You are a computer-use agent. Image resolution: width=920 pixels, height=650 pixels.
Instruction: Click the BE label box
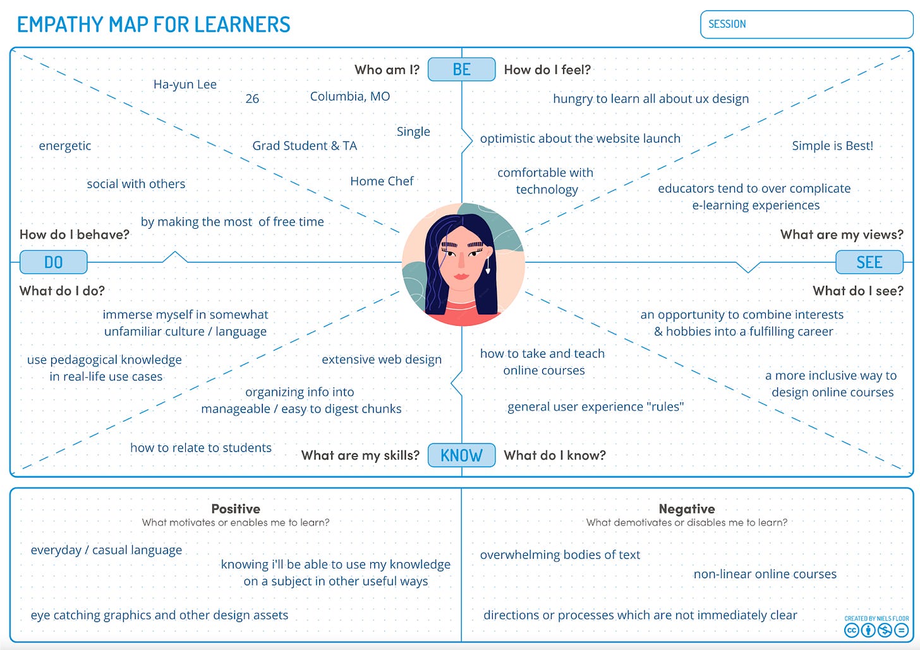tap(461, 69)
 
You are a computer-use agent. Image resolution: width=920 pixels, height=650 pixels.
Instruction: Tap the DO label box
tap(53, 262)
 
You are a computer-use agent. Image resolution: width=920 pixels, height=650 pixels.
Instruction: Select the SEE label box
tap(869, 262)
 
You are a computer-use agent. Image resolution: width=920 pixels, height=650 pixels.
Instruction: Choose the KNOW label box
tap(461, 455)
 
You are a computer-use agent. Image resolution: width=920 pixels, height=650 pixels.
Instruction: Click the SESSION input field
tap(806, 25)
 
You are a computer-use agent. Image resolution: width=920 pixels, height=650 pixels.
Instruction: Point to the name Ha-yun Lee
tap(185, 85)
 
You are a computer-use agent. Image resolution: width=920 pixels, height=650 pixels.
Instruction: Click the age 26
tap(252, 99)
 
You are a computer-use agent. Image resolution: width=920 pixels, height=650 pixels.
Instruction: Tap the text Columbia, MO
tap(349, 97)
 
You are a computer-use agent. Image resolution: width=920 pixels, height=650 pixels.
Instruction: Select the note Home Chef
tap(382, 181)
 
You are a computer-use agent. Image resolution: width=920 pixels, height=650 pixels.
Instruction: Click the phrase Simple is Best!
tap(832, 146)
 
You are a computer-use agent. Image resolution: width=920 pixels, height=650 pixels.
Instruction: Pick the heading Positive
tap(236, 509)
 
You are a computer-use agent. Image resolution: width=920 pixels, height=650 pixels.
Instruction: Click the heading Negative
tap(687, 509)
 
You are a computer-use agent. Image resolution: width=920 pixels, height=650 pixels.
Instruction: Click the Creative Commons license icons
tap(876, 630)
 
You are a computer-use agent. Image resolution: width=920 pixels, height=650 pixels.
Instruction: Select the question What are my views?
tap(842, 235)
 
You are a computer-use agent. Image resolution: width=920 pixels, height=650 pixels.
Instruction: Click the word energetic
tap(65, 146)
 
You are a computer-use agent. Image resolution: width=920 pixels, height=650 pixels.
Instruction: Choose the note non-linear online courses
tap(765, 574)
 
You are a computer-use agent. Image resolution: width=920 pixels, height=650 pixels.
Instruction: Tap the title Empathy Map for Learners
tap(154, 25)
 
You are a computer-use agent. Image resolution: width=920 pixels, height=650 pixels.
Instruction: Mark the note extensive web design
tap(382, 359)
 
